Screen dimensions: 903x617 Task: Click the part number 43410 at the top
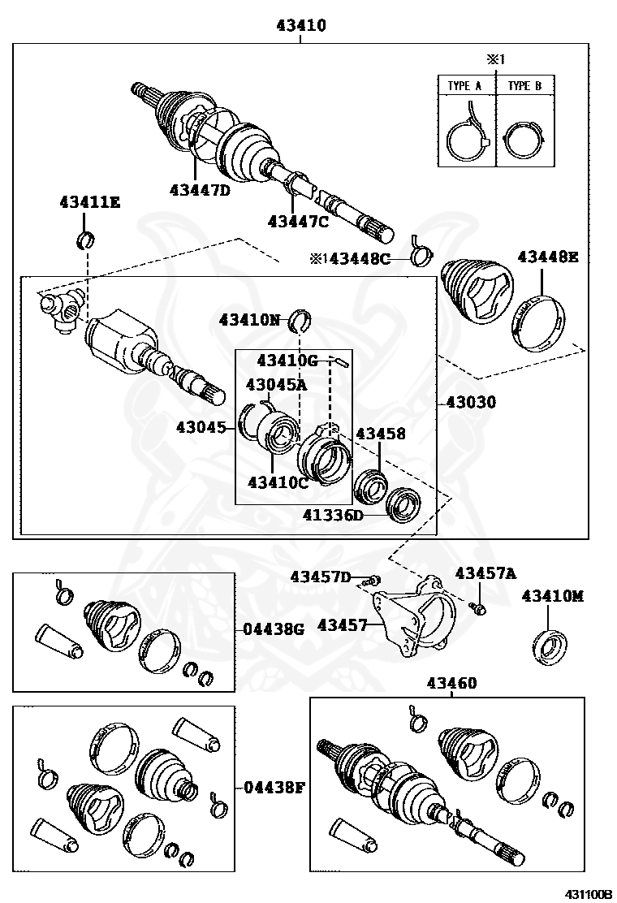coord(300,26)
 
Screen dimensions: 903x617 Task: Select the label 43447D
coord(200,190)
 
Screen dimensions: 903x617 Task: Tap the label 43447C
coord(298,221)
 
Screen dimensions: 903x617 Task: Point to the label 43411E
coord(88,201)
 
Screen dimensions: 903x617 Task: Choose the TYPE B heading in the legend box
coord(524,85)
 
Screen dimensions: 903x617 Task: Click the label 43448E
coord(548,257)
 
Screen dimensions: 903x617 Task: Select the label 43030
coord(471,402)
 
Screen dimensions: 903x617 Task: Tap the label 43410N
coord(248,320)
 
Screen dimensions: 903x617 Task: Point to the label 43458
coord(380,434)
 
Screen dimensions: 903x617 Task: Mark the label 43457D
coord(321,577)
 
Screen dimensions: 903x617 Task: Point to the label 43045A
coord(276,384)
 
